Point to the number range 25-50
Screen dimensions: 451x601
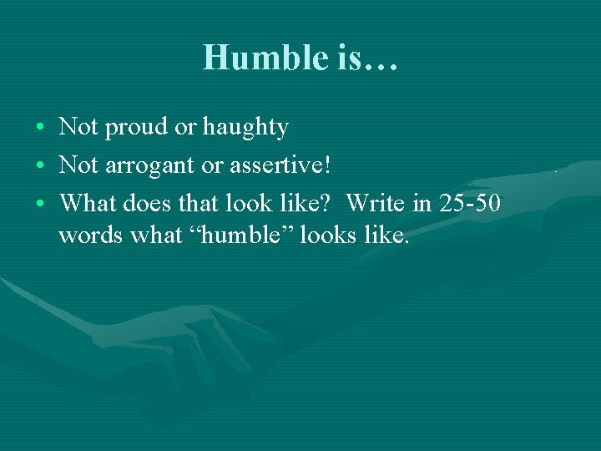[468, 202]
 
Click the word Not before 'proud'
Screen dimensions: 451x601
[78, 127]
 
